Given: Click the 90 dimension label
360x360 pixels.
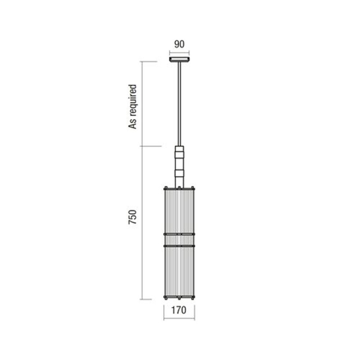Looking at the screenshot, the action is point(179,44).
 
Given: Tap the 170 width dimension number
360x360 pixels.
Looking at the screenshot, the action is point(179,310).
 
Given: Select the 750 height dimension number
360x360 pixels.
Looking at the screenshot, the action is point(132,217).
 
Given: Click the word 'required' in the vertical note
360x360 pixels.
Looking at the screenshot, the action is point(132,100).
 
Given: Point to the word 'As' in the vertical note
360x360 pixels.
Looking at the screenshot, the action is point(132,124).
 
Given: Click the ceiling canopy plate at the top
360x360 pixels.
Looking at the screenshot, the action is point(180,59).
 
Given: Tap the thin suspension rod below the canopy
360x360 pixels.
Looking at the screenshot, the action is point(179,104).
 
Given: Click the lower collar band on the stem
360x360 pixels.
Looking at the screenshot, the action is point(179,173).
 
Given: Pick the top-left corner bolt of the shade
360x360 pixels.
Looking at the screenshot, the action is point(166,188).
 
